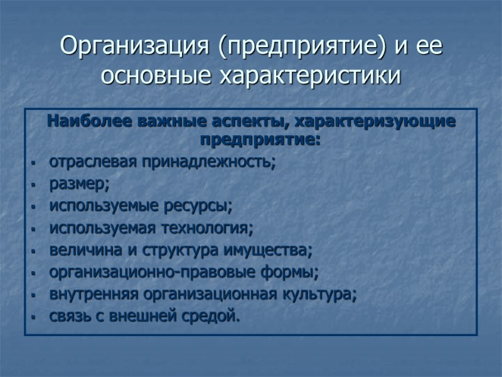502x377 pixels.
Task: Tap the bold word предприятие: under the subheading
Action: [260, 136]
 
